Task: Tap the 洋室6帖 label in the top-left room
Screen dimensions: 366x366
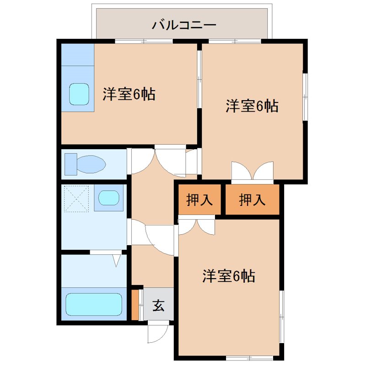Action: click(129, 94)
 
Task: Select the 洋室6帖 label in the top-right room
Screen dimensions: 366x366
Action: click(252, 106)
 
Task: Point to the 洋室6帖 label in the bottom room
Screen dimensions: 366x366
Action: click(228, 276)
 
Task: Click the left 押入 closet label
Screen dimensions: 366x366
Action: click(199, 199)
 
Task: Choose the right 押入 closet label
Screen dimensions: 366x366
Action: click(252, 199)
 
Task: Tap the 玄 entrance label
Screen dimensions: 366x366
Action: click(158, 305)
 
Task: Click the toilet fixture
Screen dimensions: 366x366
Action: click(86, 164)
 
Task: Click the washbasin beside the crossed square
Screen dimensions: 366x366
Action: click(109, 198)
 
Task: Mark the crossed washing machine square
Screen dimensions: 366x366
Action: click(76, 198)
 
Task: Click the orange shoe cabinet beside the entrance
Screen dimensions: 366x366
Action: click(135, 303)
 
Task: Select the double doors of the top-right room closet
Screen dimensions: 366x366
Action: click(253, 172)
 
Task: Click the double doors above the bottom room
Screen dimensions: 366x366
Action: click(196, 226)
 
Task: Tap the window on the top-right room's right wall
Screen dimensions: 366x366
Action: click(305, 96)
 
